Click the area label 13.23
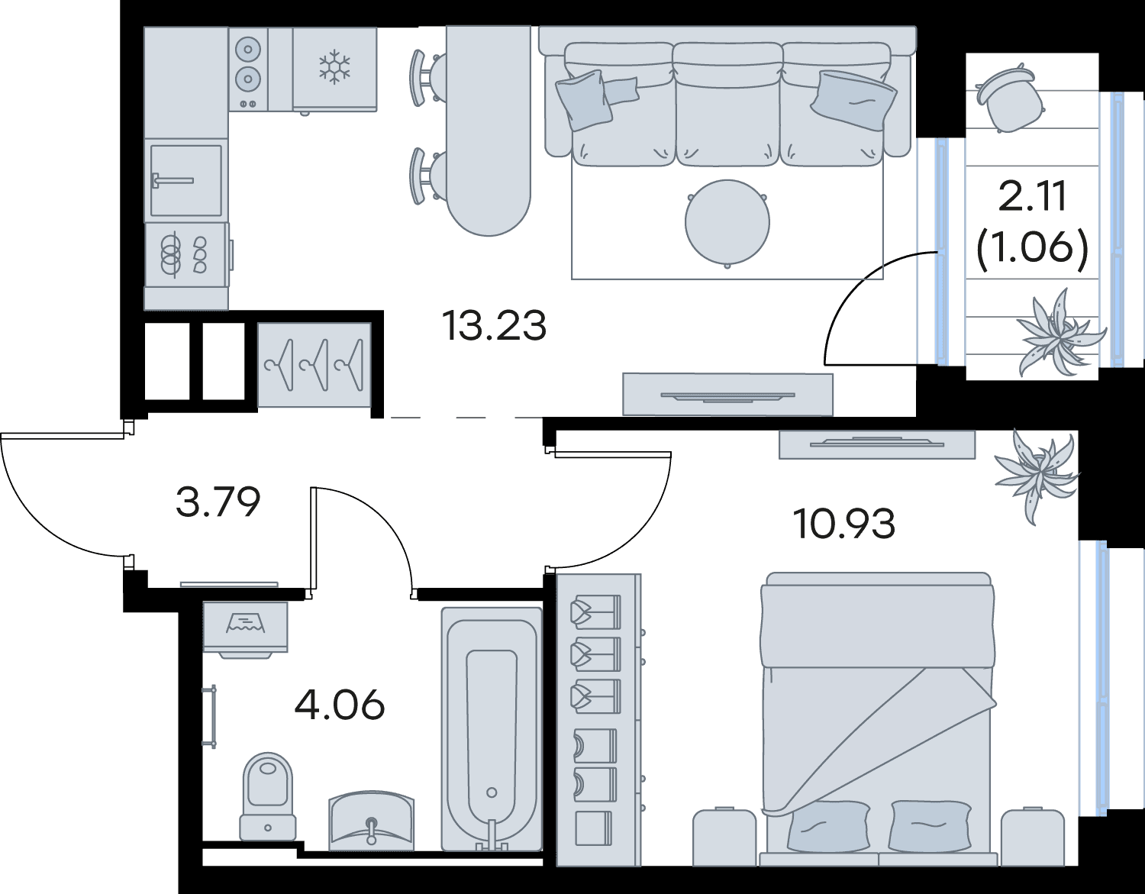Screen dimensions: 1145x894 click(x=494, y=325)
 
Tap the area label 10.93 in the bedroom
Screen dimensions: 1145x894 click(x=844, y=524)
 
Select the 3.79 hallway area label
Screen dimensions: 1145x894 click(x=218, y=502)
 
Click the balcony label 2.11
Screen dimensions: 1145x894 click(x=1032, y=195)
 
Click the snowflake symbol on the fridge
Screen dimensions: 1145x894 click(x=334, y=67)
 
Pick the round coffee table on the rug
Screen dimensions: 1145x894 click(x=727, y=223)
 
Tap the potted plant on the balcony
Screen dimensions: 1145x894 click(x=1058, y=332)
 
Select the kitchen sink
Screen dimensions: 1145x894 click(x=186, y=181)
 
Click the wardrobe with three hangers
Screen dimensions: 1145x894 click(x=314, y=365)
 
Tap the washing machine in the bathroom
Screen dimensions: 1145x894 click(x=246, y=629)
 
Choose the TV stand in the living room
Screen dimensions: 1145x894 click(x=727, y=394)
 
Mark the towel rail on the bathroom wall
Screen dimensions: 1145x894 click(x=211, y=716)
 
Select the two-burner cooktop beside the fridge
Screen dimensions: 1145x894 click(x=248, y=69)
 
